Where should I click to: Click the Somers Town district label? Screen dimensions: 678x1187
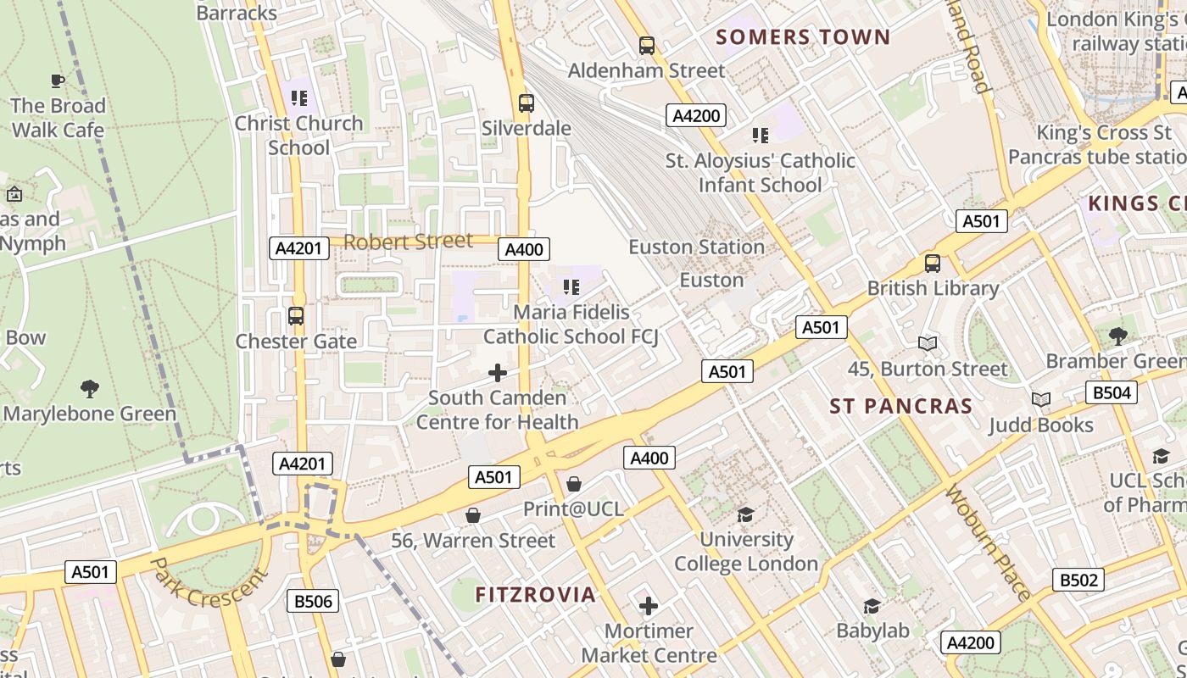[803, 37]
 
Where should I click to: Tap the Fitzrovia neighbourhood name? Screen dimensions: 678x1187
[535, 595]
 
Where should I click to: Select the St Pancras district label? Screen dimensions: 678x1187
[901, 406]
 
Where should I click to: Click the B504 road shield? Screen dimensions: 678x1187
[1111, 392]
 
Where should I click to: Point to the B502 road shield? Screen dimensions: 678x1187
[1078, 580]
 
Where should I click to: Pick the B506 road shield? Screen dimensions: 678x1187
[313, 601]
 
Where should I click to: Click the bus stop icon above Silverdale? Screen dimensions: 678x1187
[527, 103]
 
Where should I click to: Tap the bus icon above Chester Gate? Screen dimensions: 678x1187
[296, 316]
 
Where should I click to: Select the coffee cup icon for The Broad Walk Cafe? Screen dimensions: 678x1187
[58, 81]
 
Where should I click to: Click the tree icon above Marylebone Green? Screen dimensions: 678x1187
[90, 389]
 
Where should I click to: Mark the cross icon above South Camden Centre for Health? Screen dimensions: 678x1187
[498, 373]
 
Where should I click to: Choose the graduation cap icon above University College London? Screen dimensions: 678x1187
[745, 514]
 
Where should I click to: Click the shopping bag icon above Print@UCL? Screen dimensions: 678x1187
[574, 484]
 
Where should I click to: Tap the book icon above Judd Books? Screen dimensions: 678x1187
[1040, 399]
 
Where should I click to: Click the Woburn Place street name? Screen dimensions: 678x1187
[988, 542]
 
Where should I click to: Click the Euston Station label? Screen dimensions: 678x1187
[696, 247]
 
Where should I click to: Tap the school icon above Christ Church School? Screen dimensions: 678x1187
[298, 98]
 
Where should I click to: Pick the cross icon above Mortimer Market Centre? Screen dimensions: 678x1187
[649, 606]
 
